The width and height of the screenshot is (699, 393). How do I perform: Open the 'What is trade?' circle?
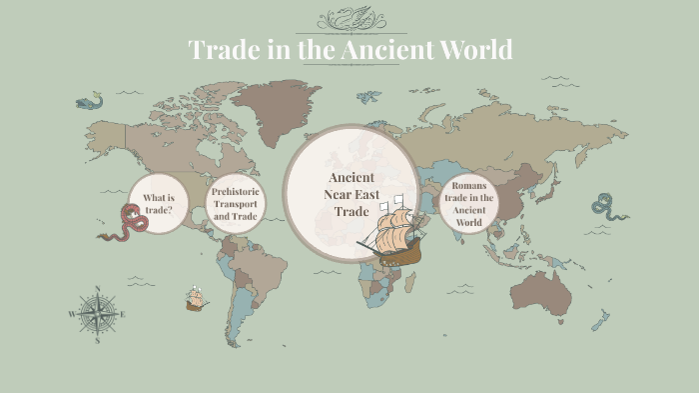click(x=158, y=204)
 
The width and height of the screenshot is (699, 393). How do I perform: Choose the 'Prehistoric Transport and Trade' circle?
click(x=236, y=203)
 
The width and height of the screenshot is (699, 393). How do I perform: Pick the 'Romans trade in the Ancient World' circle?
click(x=468, y=204)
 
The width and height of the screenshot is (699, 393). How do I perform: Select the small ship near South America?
click(x=196, y=298)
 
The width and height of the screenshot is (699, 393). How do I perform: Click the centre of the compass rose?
click(x=97, y=314)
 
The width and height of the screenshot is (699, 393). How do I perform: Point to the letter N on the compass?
click(x=97, y=290)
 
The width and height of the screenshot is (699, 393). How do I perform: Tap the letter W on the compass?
click(x=72, y=314)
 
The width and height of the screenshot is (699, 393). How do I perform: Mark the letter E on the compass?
click(x=122, y=314)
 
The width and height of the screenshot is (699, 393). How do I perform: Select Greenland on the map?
click(x=277, y=106)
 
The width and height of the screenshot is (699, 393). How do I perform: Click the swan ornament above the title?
click(x=349, y=17)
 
